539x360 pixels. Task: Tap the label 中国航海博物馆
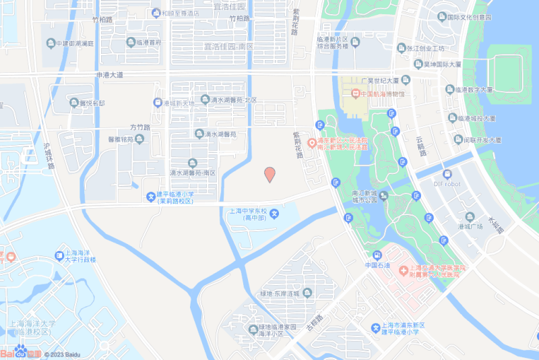pos(382,94)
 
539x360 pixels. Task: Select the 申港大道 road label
pos(110,76)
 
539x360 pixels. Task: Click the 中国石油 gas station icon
pos(377,255)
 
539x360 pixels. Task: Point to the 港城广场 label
pos(470,227)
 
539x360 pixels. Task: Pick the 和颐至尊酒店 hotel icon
pos(156,13)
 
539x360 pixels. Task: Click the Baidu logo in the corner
pos(20,353)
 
